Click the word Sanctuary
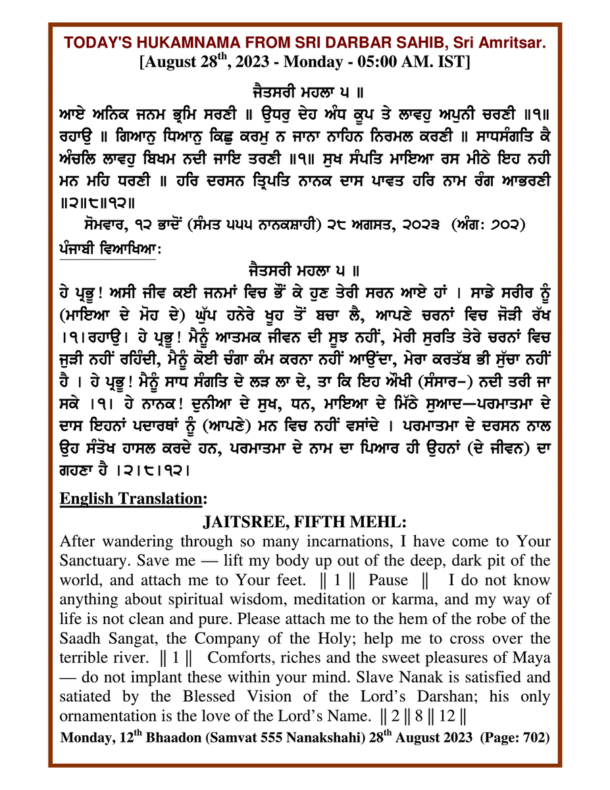(92, 562)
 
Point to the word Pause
(388, 581)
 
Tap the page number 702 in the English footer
(534, 738)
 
